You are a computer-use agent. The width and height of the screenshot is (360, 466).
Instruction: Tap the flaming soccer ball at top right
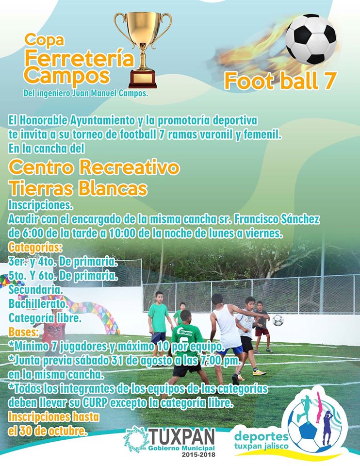[x=311, y=39]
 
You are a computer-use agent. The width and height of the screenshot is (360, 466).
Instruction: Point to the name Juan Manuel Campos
[x=109, y=94]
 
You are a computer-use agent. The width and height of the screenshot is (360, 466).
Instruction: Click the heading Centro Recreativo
[x=94, y=167]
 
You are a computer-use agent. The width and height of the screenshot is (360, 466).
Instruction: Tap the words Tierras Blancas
[x=78, y=188]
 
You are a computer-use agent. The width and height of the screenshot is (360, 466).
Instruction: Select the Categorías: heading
[x=35, y=247]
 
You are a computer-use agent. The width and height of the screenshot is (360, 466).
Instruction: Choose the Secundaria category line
[x=35, y=289]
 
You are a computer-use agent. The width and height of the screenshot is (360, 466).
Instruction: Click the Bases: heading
[x=24, y=332]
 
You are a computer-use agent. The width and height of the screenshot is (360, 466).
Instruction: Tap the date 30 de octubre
[x=48, y=431]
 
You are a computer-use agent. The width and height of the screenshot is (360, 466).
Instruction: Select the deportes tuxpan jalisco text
[x=261, y=441]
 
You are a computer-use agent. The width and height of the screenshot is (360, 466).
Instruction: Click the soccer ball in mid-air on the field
[x=278, y=320]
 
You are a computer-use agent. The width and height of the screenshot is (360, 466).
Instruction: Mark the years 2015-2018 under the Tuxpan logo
[x=199, y=454]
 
